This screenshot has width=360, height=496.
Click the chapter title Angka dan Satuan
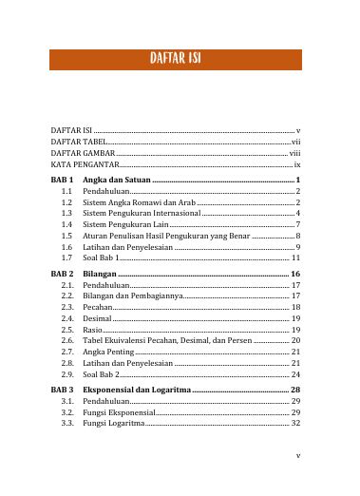117,179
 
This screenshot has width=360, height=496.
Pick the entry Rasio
93,330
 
